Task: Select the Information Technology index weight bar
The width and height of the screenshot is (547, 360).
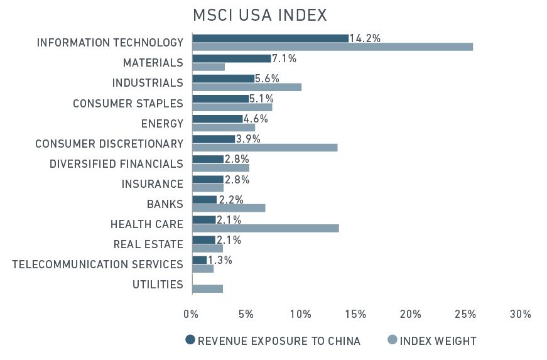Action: pos(332,46)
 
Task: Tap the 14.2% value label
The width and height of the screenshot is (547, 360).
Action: pos(365,38)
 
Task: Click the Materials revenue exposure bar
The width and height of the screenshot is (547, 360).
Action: pos(231,58)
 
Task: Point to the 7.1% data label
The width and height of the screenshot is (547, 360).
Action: pos(284,58)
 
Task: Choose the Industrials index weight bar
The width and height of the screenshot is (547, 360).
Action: pos(247,87)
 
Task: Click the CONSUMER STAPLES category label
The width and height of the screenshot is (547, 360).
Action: pos(128,103)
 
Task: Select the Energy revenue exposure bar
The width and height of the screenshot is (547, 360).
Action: pos(217,119)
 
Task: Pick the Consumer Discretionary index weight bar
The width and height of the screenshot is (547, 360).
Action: pos(264,148)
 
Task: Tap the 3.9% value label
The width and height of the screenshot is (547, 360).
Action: pos(248,139)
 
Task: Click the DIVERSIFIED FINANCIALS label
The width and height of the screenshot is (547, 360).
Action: pos(116,164)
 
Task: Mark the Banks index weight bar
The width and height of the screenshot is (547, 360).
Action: pos(229,208)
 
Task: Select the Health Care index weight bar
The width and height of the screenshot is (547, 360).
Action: pos(266,228)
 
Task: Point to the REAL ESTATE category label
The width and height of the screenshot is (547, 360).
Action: pos(148,244)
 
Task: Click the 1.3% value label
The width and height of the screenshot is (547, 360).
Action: pos(220,260)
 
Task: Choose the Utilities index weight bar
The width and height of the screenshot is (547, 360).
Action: pos(207,288)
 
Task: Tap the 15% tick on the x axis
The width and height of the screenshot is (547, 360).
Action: pos(355,314)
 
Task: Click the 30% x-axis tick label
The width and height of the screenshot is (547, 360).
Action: pos(520,314)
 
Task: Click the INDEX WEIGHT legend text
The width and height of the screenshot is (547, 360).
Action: pos(438,341)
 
